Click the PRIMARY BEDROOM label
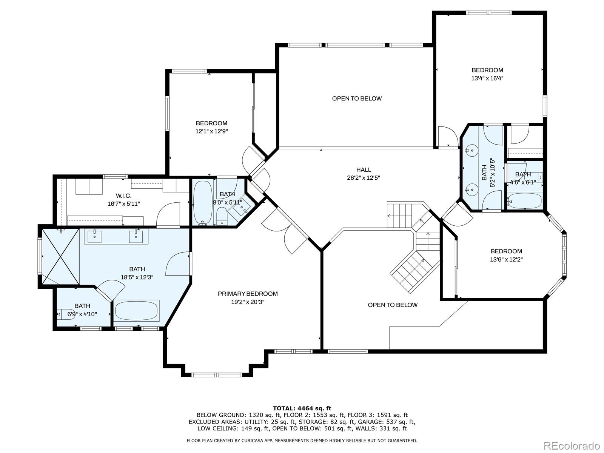(x=248, y=294)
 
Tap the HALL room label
(x=364, y=170)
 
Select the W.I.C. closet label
(x=123, y=196)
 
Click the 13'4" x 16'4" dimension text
(x=487, y=79)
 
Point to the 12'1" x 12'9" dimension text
(x=211, y=131)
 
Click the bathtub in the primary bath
(x=136, y=310)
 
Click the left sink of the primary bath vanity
(x=94, y=237)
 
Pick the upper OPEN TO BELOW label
(x=357, y=99)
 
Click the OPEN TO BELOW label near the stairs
(x=393, y=305)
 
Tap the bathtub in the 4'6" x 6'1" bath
(x=525, y=201)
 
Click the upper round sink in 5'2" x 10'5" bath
(x=471, y=151)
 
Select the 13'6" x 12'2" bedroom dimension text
(x=506, y=260)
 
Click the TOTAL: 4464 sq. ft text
(x=302, y=408)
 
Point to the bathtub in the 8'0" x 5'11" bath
(x=203, y=202)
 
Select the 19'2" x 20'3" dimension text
(x=248, y=302)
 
